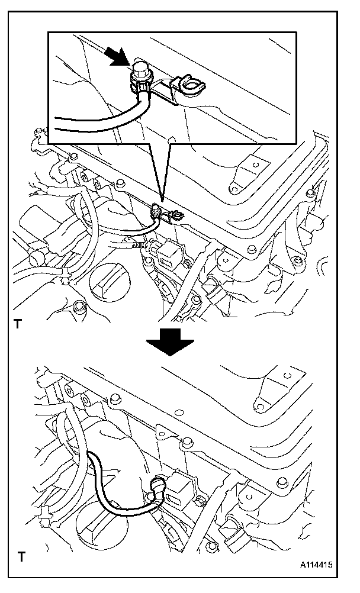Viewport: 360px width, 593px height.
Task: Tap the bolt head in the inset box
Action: point(142,69)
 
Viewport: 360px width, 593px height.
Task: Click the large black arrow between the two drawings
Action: point(170,341)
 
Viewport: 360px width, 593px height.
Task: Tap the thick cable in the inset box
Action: point(107,121)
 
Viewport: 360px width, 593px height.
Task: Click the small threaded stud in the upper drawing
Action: point(137,245)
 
